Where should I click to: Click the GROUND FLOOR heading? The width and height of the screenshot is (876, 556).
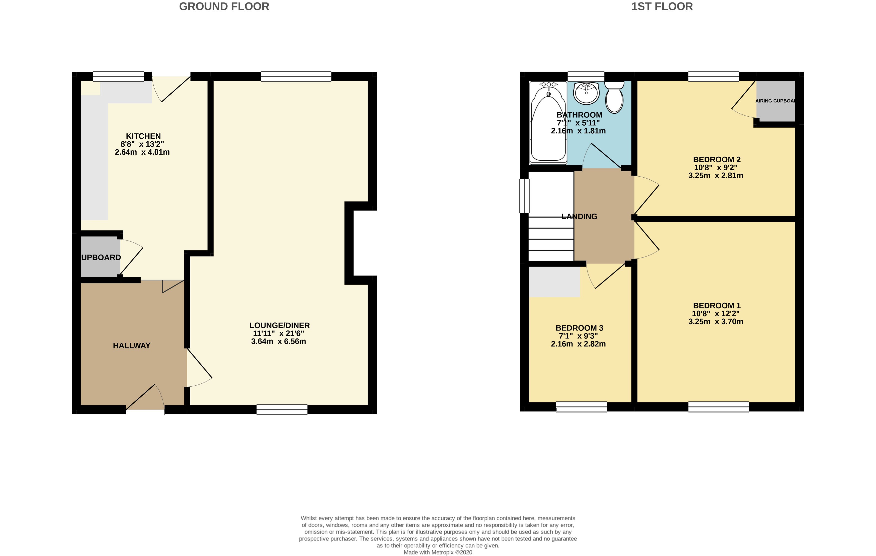(x=224, y=6)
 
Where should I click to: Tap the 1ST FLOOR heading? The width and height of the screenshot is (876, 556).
(x=662, y=6)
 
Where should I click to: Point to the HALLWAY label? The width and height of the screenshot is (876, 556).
(x=131, y=346)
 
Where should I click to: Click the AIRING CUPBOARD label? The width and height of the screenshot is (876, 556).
(x=775, y=101)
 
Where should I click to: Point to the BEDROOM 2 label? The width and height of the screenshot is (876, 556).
(x=717, y=159)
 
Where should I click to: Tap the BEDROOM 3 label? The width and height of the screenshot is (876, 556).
(x=579, y=328)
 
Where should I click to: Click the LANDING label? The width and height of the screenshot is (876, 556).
(x=579, y=217)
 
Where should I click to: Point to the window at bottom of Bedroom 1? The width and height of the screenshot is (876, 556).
(x=718, y=407)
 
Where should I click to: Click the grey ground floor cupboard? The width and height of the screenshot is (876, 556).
(x=100, y=257)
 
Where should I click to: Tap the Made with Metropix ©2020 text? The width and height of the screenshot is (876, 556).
(x=438, y=552)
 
